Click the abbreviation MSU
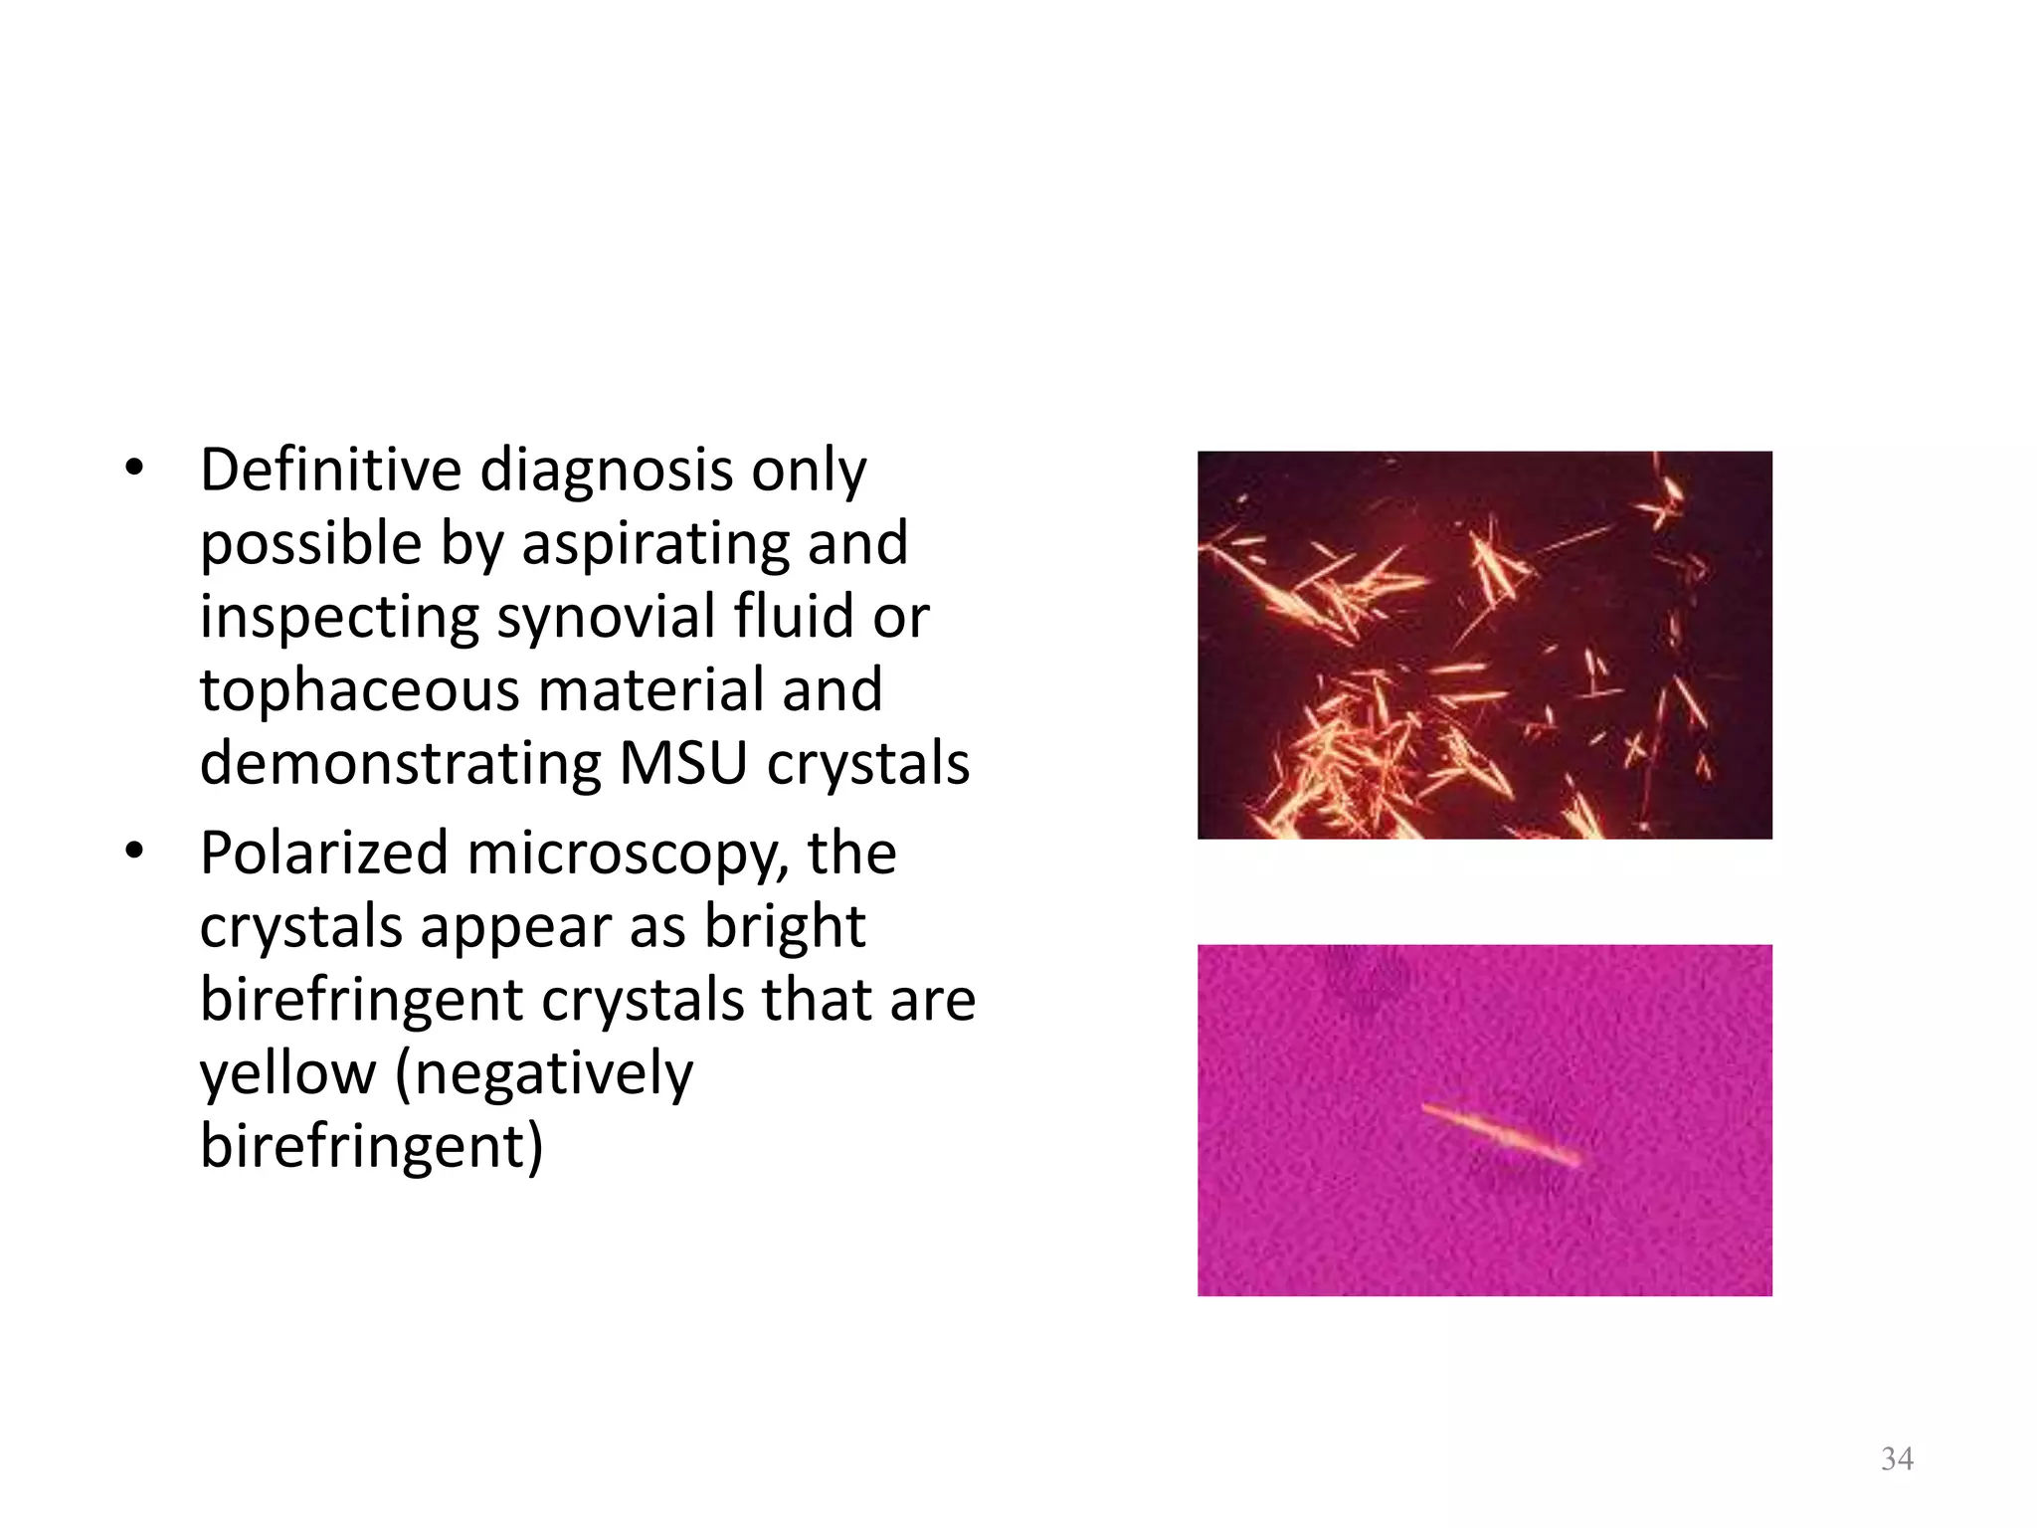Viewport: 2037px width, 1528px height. tap(682, 763)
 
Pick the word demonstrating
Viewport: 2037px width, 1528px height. tap(400, 763)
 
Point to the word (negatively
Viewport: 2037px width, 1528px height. tap(544, 1074)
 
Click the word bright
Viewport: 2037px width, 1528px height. tap(785, 927)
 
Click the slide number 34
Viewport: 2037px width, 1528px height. tap(1897, 1459)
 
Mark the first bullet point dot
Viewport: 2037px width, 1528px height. tap(135, 468)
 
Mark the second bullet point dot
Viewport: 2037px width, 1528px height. tap(135, 852)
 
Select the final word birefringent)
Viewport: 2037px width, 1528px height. tap(372, 1146)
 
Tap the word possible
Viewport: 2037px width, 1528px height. tap(311, 544)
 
